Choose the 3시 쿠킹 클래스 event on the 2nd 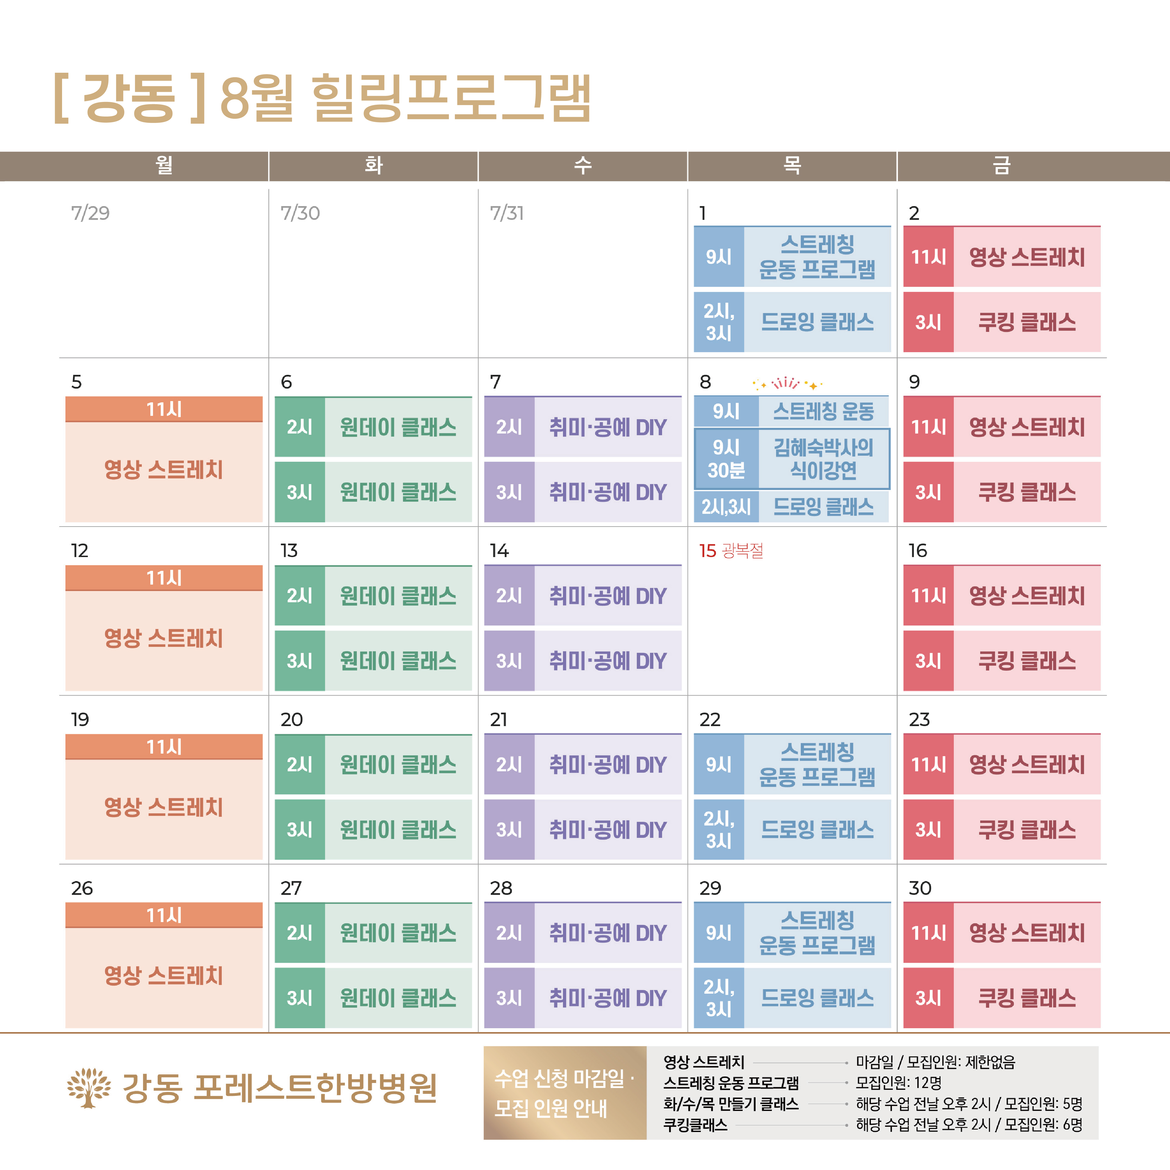click(x=1002, y=322)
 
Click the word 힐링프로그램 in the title click(x=451, y=98)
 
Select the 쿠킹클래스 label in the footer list click(x=695, y=1125)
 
